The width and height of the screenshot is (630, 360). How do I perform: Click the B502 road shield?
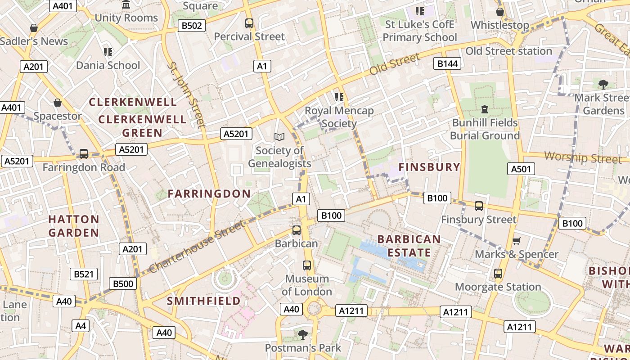pyautogui.click(x=192, y=26)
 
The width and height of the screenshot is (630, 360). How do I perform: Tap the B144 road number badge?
pyautogui.click(x=448, y=63)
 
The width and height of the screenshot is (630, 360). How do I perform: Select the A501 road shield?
pyautogui.click(x=521, y=169)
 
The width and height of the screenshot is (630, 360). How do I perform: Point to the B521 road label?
pyautogui.click(x=84, y=274)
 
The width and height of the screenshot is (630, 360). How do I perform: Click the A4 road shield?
pyautogui.click(x=81, y=326)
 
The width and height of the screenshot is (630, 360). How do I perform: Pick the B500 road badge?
pyautogui.click(x=123, y=283)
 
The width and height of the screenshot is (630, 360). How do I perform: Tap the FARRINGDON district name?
pyautogui.click(x=209, y=194)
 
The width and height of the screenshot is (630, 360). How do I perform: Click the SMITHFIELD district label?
pyautogui.click(x=204, y=301)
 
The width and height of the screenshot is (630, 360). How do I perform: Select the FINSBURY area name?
pyautogui.click(x=429, y=167)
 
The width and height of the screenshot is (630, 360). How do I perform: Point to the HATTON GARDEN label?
pyautogui.click(x=74, y=226)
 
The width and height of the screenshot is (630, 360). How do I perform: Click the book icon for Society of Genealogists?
pyautogui.click(x=279, y=137)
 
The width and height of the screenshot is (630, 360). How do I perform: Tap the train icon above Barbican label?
pyautogui.click(x=297, y=230)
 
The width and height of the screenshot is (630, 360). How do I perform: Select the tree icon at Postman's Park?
pyautogui.click(x=303, y=334)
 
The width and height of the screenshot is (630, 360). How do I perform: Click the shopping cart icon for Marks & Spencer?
pyautogui.click(x=517, y=241)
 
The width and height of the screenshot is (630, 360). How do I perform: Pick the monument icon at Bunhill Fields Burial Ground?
pyautogui.click(x=485, y=109)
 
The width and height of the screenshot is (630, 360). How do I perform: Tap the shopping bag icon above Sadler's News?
pyautogui.click(x=33, y=28)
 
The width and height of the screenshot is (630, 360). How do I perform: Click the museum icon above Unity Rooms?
pyautogui.click(x=126, y=5)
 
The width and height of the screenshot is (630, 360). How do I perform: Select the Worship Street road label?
pyautogui.click(x=583, y=158)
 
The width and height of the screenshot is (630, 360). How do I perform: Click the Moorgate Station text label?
pyautogui.click(x=498, y=287)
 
